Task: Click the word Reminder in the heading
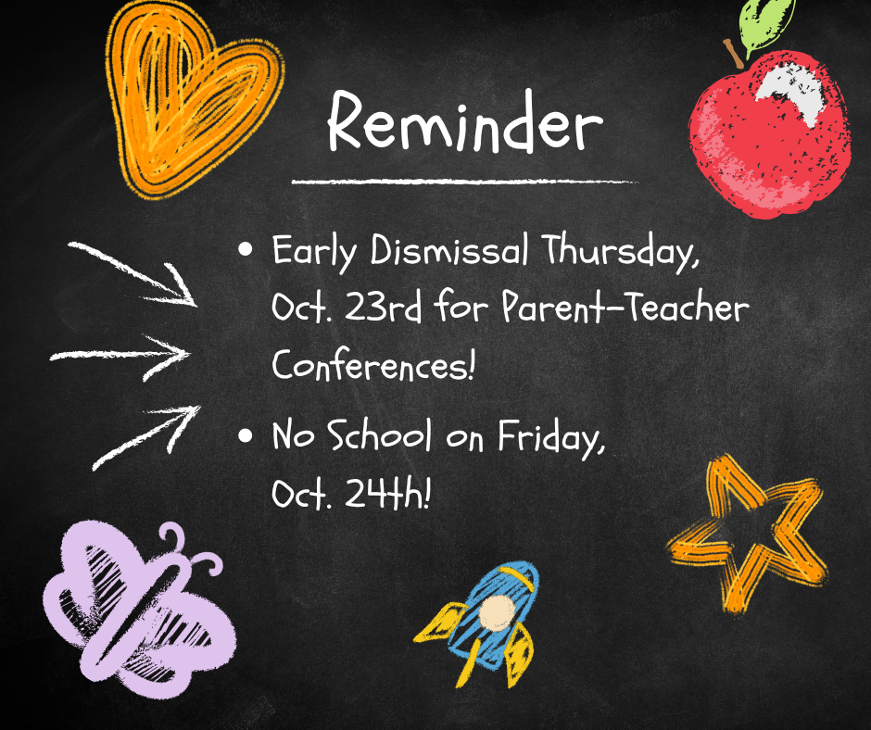tap(465, 121)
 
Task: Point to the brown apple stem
tap(733, 54)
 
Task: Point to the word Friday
tap(551, 438)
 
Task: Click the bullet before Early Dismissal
tap(245, 249)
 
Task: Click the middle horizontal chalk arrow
tap(120, 356)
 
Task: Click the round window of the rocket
tap(497, 612)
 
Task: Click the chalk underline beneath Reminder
tap(465, 182)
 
